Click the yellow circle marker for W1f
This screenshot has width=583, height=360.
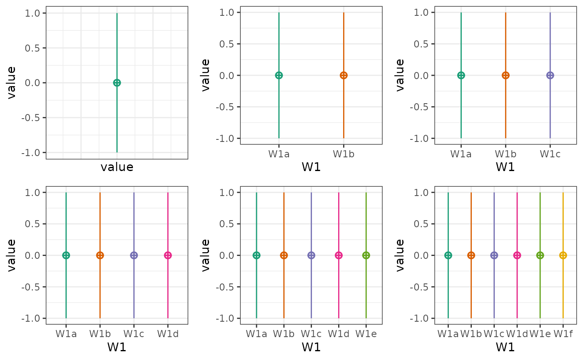[x=563, y=255]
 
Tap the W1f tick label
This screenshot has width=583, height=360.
[x=563, y=334]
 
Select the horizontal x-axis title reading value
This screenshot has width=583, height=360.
[x=117, y=167]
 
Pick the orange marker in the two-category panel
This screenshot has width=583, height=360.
[x=344, y=75]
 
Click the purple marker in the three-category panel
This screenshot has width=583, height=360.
[x=550, y=75]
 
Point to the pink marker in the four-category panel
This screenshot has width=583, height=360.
[x=168, y=255]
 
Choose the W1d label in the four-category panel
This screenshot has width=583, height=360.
[x=168, y=334]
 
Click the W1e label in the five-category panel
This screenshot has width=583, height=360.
[x=366, y=334]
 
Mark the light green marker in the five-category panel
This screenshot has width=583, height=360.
[x=366, y=255]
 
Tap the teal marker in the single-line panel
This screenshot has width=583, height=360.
[x=117, y=83]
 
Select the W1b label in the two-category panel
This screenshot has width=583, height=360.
[x=344, y=154]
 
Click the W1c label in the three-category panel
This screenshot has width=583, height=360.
[x=550, y=154]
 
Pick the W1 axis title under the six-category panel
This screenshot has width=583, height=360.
[x=505, y=347]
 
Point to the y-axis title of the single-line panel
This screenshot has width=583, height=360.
[x=12, y=82]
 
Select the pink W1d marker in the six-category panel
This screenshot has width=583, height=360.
[x=517, y=255]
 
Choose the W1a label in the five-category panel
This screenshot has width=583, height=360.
[x=257, y=334]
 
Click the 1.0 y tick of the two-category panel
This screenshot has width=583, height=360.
[x=228, y=12]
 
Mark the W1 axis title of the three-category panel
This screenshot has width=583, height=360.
[x=505, y=167]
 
